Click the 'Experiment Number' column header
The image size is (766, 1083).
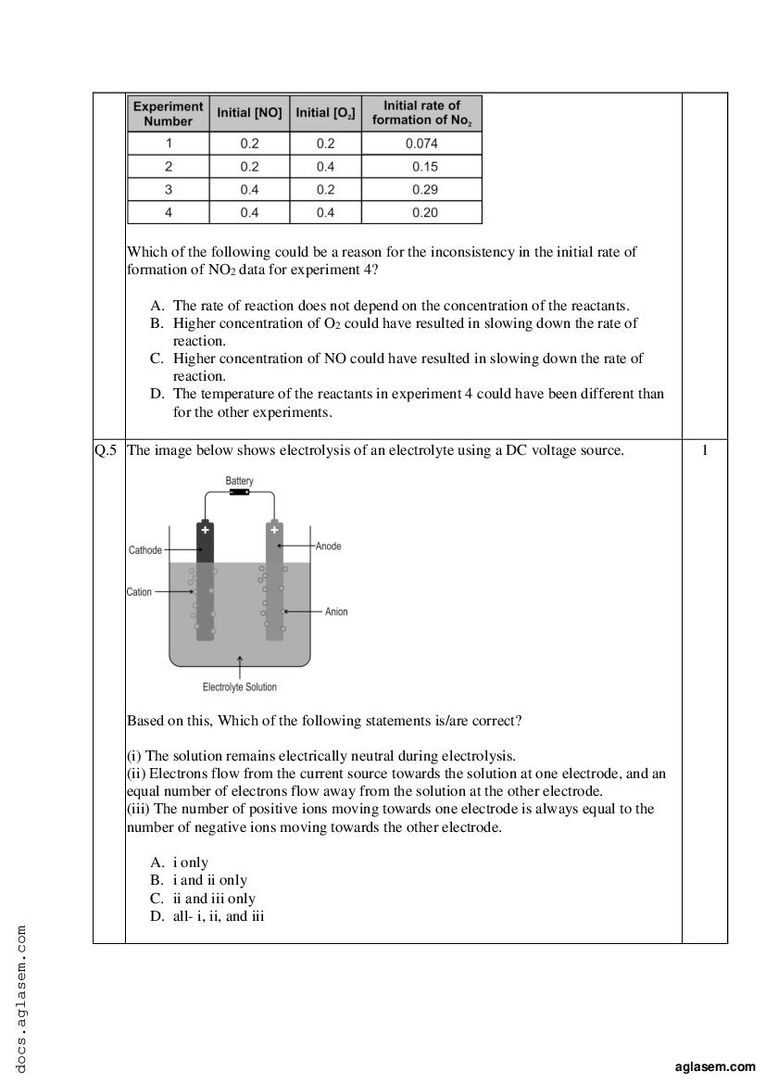pos(169,113)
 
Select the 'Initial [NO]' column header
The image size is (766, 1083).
pos(249,113)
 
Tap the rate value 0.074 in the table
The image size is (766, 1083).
pos(421,144)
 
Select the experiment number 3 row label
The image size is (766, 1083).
pos(169,190)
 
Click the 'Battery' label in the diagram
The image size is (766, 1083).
pos(239,482)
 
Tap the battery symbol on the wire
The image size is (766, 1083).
pos(239,493)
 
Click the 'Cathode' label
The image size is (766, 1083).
pos(145,550)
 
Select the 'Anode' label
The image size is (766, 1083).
pos(328,547)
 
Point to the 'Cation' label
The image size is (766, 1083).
pos(139,592)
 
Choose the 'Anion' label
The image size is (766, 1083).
pos(336,612)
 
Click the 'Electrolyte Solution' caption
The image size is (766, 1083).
pos(239,687)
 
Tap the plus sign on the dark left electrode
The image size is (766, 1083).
pos(205,530)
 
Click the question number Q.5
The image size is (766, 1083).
pos(106,451)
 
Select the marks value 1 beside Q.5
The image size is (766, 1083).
pos(705,451)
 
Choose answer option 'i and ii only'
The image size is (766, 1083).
pos(209,880)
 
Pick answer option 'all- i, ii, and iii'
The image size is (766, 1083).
pos(219,916)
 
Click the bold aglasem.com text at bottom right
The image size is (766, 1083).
pos(715,1067)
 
